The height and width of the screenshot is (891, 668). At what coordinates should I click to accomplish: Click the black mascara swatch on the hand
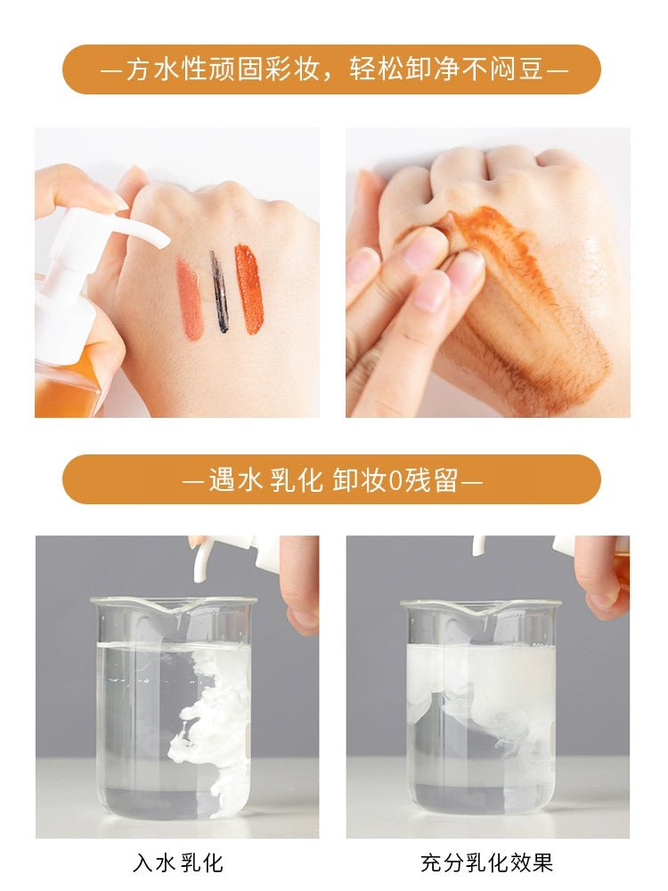[x=219, y=291]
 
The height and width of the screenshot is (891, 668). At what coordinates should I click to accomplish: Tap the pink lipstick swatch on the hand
[x=190, y=298]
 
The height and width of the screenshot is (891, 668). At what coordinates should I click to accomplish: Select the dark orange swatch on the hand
[x=249, y=289]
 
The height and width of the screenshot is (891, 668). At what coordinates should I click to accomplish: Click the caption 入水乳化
[x=178, y=862]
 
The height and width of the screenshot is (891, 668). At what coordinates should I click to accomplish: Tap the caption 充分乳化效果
[x=487, y=862]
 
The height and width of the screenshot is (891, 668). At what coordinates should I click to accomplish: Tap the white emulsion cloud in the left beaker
[x=216, y=733]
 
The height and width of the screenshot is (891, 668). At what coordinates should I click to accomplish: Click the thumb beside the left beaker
[x=300, y=580]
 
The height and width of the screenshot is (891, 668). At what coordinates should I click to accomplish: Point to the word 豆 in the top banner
[x=531, y=69]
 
